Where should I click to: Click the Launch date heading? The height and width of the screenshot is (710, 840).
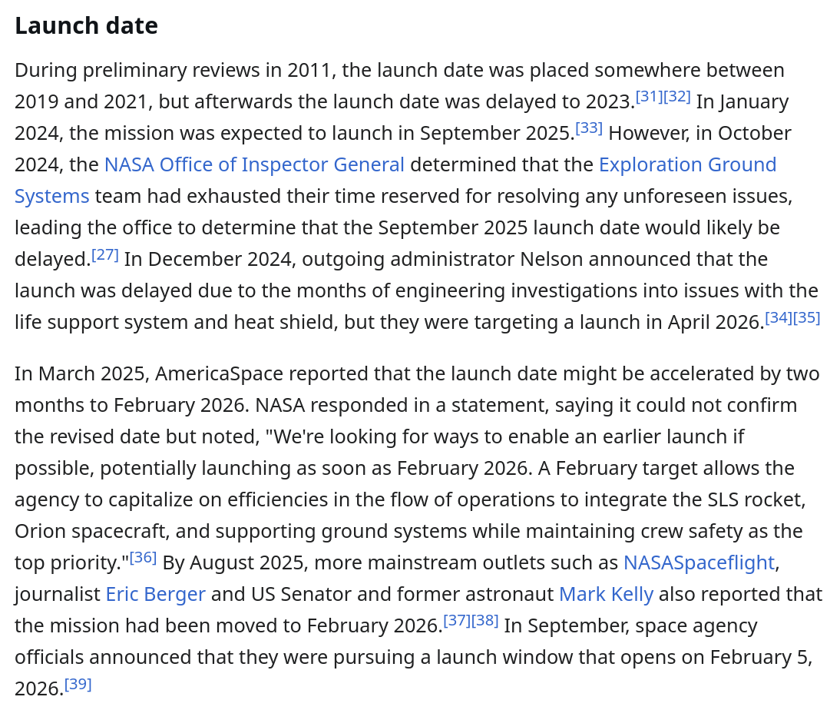tap(86, 26)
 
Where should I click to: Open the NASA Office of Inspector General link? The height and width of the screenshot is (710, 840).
tap(254, 165)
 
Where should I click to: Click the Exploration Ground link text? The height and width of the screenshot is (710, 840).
tap(687, 165)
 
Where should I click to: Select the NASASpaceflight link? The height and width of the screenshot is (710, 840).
tap(699, 563)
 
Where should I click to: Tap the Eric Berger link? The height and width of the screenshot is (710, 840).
tap(155, 595)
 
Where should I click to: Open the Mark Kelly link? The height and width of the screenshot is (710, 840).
tap(606, 595)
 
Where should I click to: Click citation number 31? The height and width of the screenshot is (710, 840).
tap(649, 97)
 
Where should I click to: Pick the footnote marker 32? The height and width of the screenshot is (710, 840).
tap(677, 97)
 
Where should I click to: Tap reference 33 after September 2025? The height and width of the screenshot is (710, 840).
tap(589, 128)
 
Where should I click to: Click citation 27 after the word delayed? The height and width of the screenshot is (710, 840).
tap(105, 254)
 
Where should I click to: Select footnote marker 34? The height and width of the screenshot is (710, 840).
tap(778, 317)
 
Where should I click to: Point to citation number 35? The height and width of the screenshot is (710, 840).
tap(806, 317)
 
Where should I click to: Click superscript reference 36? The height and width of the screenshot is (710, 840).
tap(143, 558)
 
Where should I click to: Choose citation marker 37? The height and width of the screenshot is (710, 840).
tap(457, 621)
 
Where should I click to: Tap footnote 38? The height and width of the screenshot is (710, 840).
tap(485, 621)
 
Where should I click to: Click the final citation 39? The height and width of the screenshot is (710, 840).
tap(78, 684)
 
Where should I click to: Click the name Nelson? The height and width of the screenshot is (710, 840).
tap(550, 260)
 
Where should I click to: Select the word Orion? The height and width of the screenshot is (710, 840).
tap(40, 532)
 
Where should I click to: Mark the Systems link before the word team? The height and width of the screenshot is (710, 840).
tap(52, 197)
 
